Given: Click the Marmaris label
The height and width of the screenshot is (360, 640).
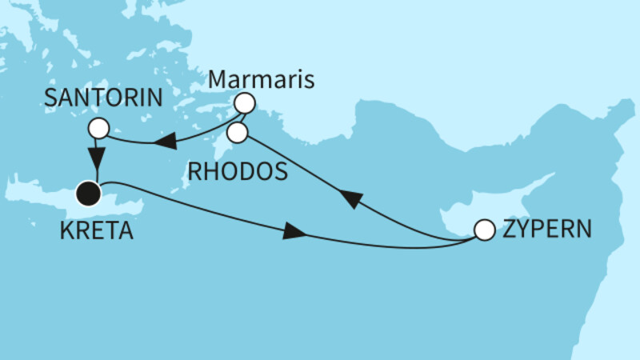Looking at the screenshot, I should (260, 80).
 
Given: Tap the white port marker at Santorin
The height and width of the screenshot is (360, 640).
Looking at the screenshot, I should (98, 128).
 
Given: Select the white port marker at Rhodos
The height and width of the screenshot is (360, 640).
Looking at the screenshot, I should (237, 133).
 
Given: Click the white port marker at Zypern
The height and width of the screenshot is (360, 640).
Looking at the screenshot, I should (484, 230).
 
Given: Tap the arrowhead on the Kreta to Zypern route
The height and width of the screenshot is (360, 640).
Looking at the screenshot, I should (294, 233).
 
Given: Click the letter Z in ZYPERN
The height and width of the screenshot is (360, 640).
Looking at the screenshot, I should (508, 230).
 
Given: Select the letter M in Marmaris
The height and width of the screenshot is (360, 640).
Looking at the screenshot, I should (218, 80).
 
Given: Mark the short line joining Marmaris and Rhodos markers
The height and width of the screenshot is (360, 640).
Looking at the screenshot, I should (241, 117).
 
